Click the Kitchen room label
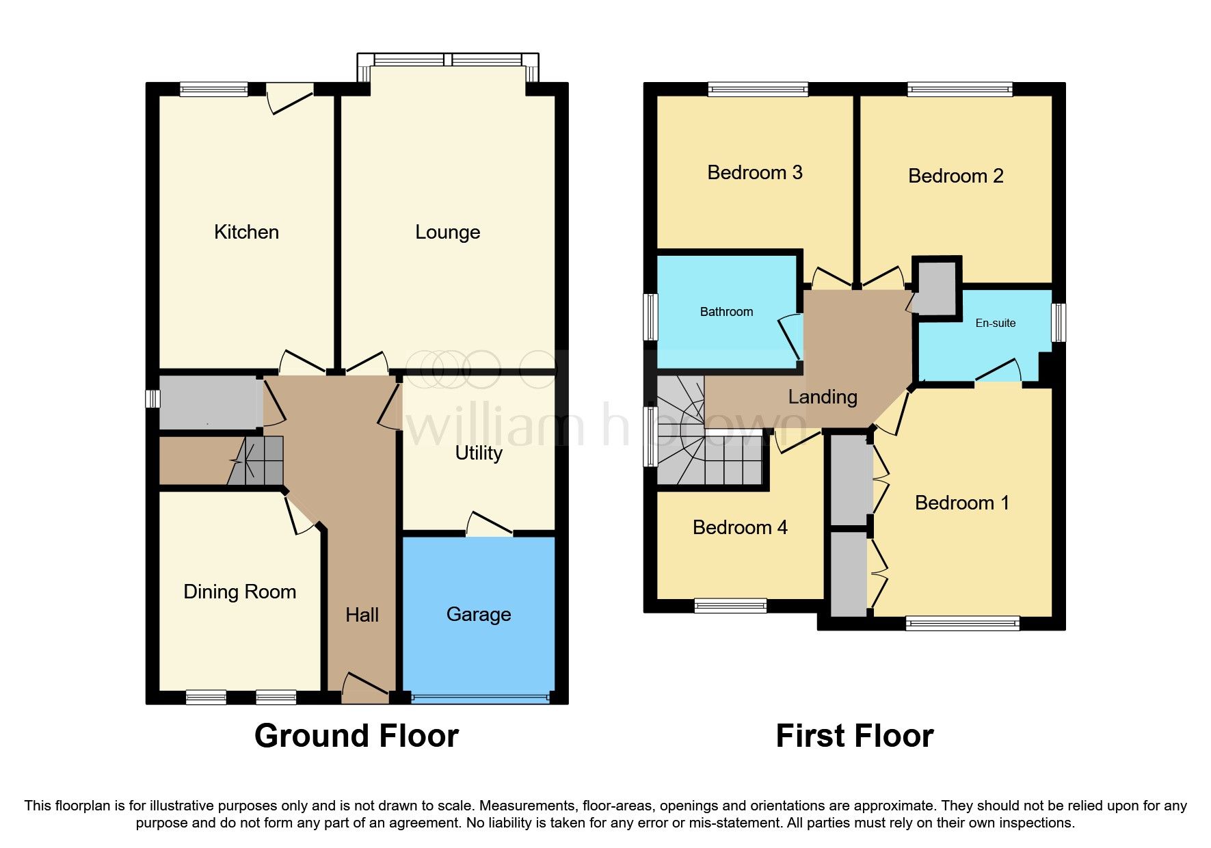246,232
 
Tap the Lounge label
447,232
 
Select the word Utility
479,453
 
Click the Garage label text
479,614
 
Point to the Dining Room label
239,592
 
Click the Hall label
362,615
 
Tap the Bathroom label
726,312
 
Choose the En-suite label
995,323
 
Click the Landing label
822,397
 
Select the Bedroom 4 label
740,527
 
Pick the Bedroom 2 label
955,176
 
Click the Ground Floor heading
356,736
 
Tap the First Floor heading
854,736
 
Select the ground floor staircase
257,461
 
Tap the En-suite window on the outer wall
1058,322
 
